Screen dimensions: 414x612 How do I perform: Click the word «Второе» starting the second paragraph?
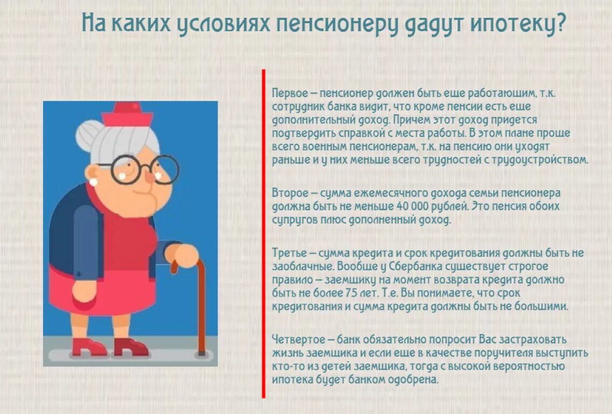[x=287, y=193]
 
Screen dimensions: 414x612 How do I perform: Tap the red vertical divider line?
[x=264, y=232]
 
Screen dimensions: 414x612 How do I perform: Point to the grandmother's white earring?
[x=94, y=182]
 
